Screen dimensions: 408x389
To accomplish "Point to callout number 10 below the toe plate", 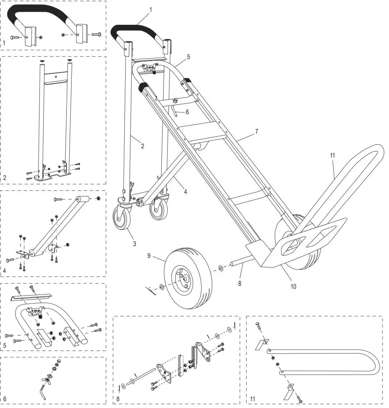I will (x=293, y=287).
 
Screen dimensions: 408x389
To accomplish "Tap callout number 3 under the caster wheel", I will (x=134, y=244).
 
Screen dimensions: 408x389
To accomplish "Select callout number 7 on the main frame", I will (x=256, y=131).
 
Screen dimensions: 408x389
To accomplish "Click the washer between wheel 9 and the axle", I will (x=220, y=269).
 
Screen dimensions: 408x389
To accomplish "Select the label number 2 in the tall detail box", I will (x=4, y=177).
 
